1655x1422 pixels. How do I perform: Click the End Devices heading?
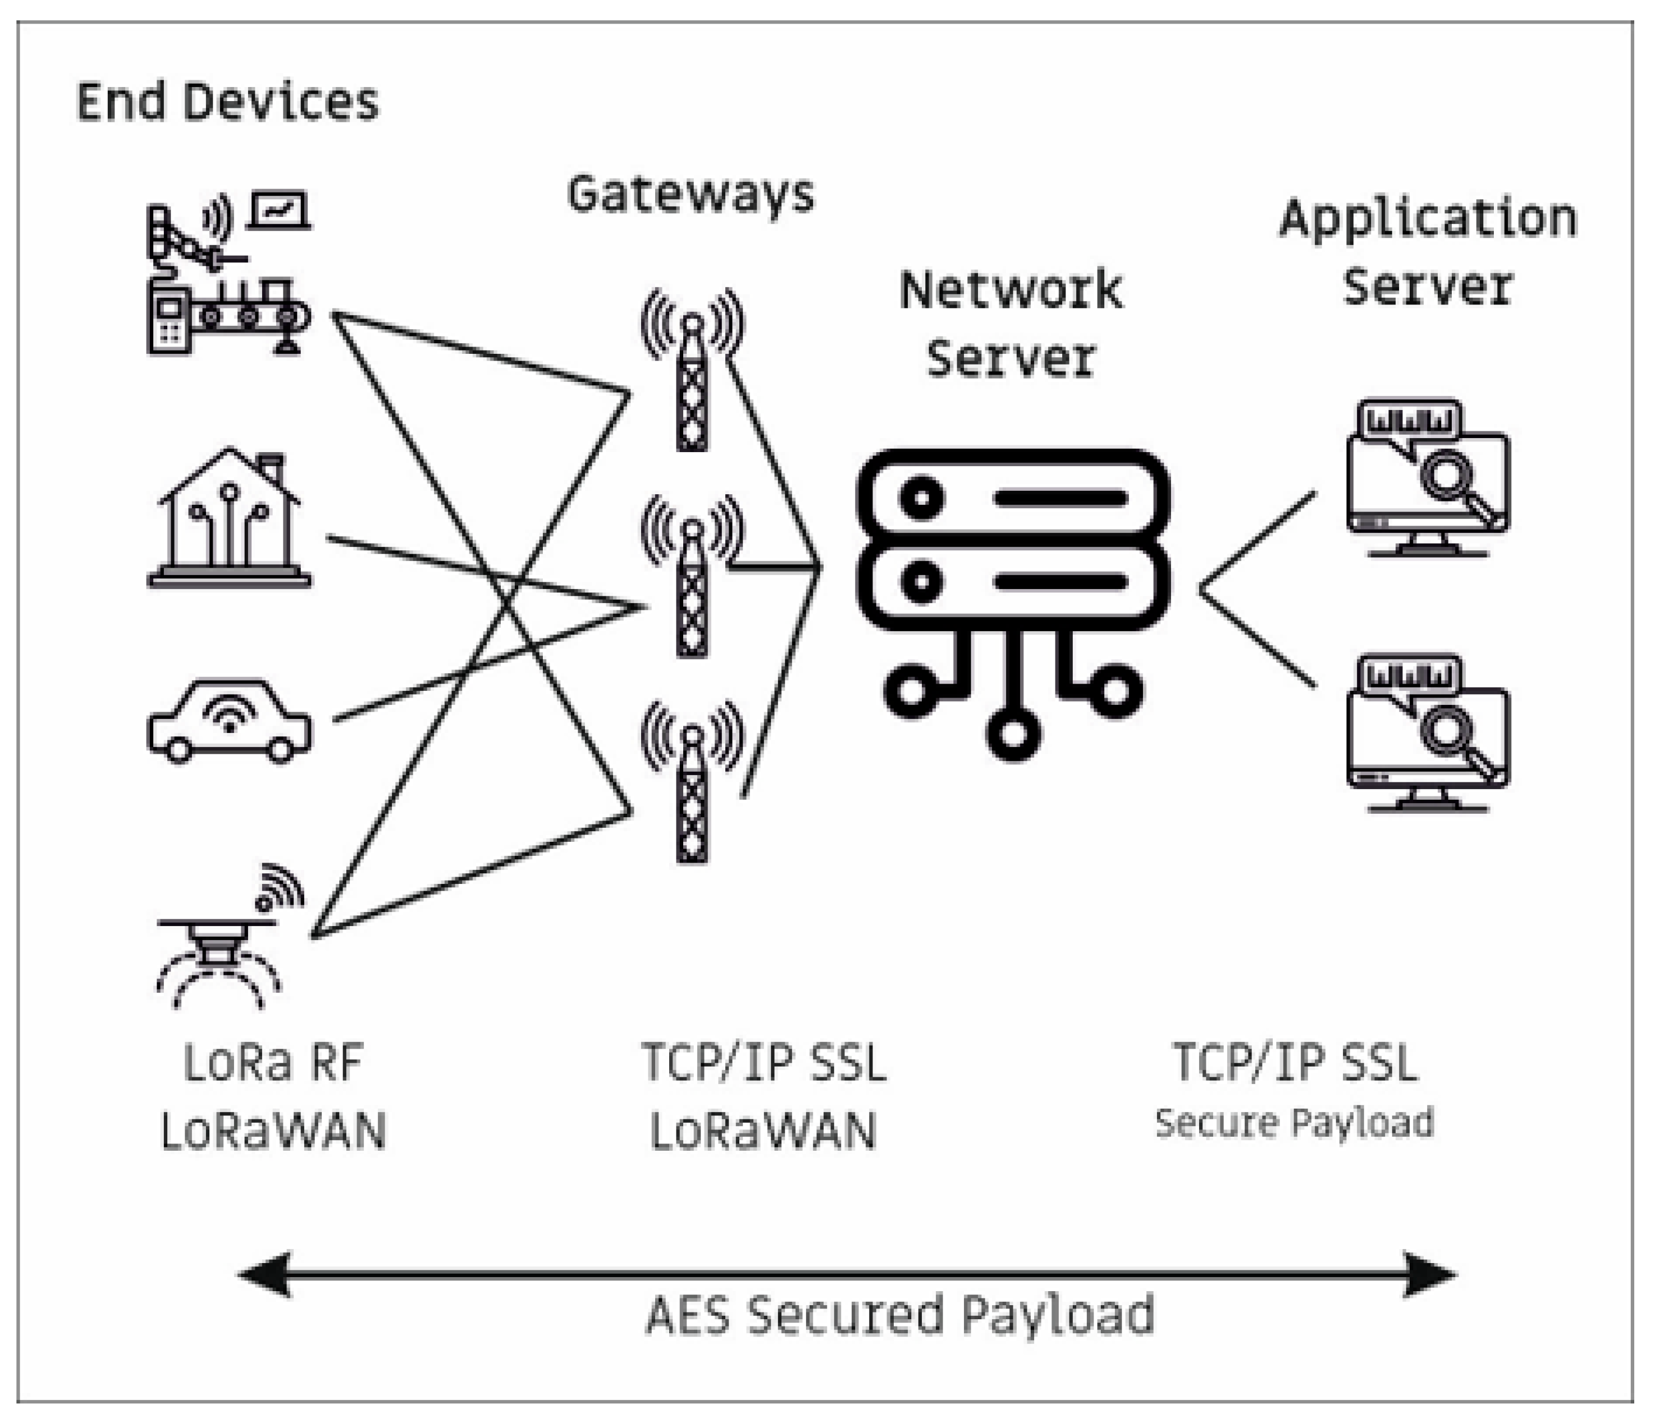tap(227, 102)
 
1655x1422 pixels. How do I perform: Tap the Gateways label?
tap(691, 194)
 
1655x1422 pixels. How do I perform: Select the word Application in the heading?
tap(1428, 218)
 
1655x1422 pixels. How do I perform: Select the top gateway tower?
tap(692, 371)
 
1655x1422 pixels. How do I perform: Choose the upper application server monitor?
tap(1428, 479)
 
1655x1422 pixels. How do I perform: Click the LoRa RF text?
tap(273, 1063)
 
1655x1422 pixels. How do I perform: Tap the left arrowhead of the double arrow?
tap(264, 1274)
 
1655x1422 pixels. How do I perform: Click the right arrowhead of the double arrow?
tap(1430, 1274)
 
